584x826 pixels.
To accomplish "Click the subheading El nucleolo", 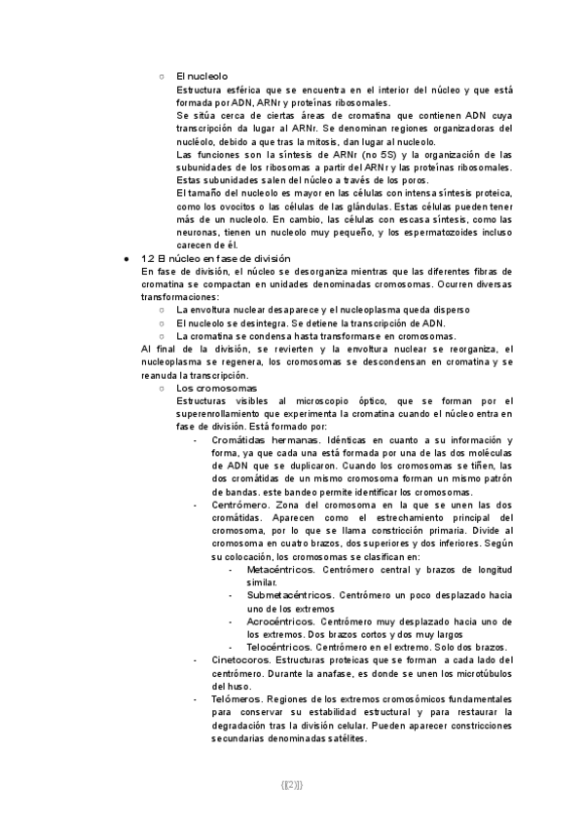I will (x=202, y=76).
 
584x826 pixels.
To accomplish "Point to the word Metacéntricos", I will (x=281, y=569).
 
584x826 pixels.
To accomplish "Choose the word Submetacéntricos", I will (x=289, y=594).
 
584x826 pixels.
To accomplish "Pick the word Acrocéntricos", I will (x=280, y=620).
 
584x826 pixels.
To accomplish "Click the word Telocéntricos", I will (x=279, y=646).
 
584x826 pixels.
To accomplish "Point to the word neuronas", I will (x=198, y=233).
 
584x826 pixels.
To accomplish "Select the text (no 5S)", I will (x=355, y=155).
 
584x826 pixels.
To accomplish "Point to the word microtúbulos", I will (x=464, y=673).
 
